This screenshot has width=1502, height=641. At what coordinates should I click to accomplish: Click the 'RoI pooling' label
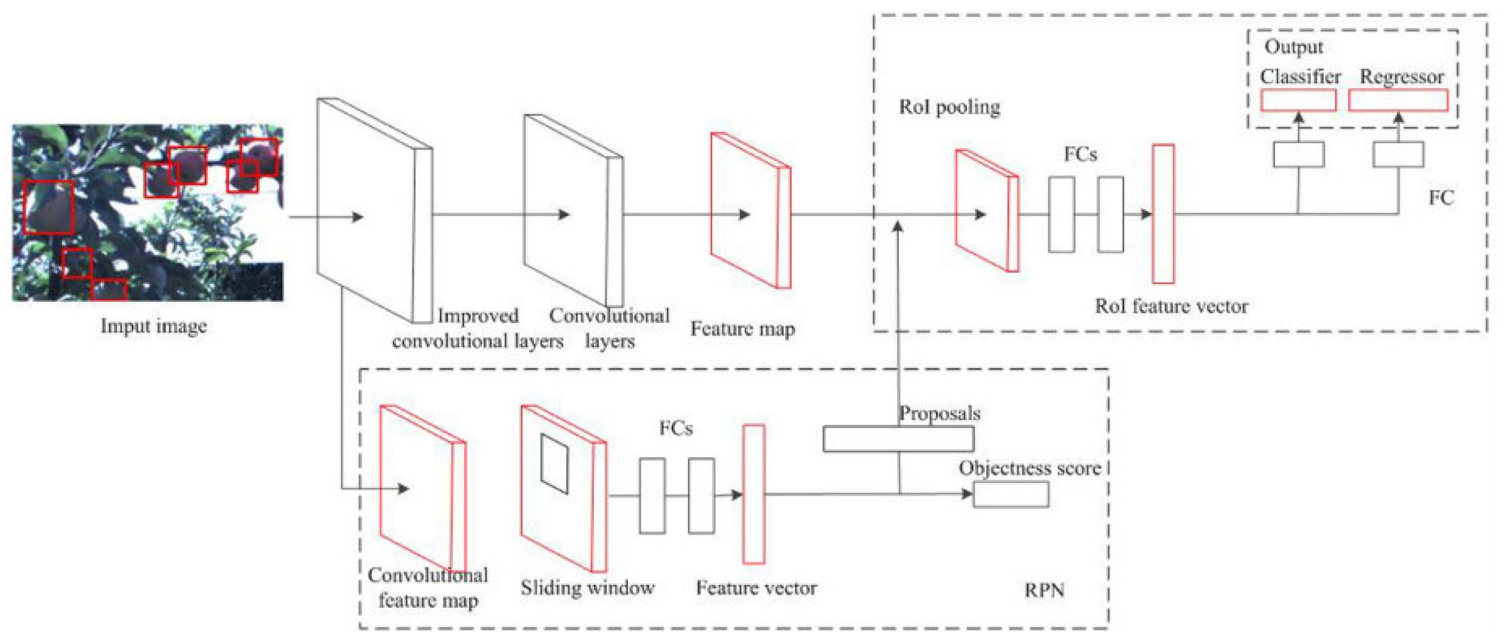949,107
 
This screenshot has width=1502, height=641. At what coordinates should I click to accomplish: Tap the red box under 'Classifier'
1298,100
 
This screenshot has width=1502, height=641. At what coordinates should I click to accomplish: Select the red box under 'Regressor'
1398,100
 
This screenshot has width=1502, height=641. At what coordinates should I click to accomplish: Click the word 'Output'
1293,47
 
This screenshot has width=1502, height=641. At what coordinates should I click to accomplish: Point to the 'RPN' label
1044,590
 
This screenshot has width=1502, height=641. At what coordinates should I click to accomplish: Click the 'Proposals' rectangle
898,439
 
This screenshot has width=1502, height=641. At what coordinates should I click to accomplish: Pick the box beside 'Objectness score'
1011,495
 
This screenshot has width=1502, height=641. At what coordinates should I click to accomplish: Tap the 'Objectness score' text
1030,468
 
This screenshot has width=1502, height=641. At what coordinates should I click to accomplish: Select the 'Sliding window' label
587,587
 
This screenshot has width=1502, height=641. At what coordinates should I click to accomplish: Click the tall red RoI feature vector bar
1163,214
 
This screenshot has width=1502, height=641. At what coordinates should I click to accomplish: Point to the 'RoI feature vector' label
1171,306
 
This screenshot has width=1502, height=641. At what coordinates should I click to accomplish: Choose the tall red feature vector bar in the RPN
753,494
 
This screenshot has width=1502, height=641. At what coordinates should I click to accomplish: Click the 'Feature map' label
743,329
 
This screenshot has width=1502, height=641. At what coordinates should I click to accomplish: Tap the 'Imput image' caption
154,326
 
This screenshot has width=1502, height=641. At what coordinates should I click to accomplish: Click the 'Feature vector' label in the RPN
756,587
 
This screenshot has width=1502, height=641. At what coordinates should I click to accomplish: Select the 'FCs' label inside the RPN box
676,428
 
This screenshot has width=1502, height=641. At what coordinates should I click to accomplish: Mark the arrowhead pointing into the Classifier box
1299,117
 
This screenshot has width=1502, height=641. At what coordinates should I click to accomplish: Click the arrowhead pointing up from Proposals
899,226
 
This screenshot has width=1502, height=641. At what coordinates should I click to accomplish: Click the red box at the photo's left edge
49,207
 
